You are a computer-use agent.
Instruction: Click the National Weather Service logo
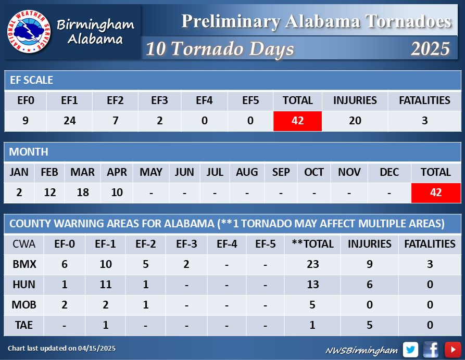point(29,31)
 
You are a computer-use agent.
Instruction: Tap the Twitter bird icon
point(410,350)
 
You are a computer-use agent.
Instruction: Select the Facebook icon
point(431,350)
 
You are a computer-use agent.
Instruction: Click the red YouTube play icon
point(453,350)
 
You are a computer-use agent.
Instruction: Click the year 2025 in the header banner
point(430,48)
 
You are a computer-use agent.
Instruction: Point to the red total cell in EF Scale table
point(297,121)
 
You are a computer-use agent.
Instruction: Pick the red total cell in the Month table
point(436,193)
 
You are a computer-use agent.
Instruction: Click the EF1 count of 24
point(70,121)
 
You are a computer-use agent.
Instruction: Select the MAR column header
point(82,172)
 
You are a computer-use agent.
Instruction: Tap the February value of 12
point(50,192)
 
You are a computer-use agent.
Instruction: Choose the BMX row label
point(24,264)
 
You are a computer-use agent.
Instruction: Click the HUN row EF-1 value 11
point(106,285)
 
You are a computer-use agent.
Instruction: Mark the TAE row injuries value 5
point(370,325)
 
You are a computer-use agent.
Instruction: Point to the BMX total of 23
point(313,264)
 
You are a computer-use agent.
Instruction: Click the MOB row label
point(24,304)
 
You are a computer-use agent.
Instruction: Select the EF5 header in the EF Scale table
point(250,100)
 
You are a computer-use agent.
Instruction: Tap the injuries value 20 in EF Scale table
point(355,121)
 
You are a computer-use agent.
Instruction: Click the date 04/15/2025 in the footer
point(97,349)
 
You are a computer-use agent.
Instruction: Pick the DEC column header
point(389,172)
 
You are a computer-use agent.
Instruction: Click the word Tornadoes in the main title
point(408,21)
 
